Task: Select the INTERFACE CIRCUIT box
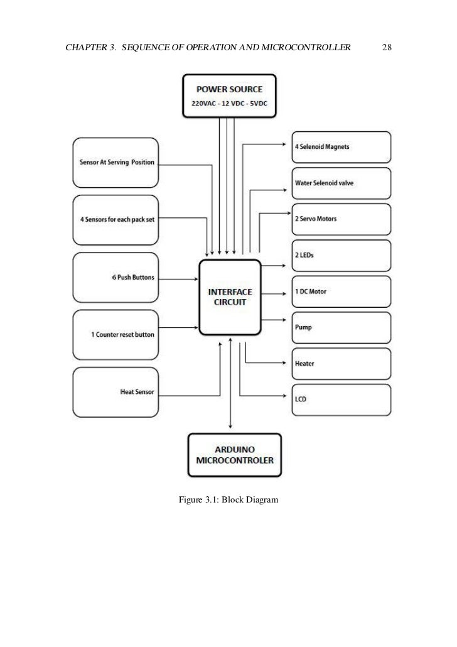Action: coord(230,296)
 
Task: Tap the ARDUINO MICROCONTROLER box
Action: coord(234,455)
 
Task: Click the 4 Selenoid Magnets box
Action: coord(341,147)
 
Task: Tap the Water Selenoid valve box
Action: coord(341,183)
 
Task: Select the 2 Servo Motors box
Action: coord(341,219)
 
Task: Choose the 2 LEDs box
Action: coord(341,256)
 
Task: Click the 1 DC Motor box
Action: coord(341,291)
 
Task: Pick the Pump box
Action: coord(341,328)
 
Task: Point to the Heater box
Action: coord(341,364)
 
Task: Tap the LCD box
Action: coord(341,400)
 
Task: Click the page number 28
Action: coord(387,48)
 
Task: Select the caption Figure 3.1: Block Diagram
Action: coord(228,500)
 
